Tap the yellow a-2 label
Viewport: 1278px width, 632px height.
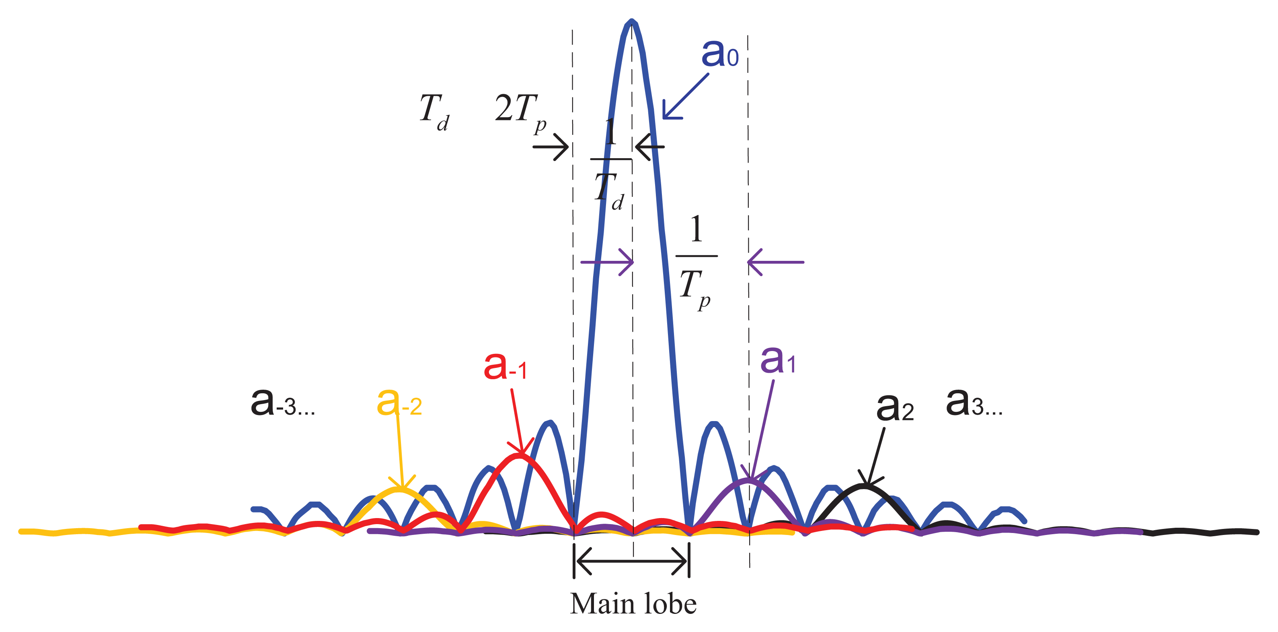(399, 402)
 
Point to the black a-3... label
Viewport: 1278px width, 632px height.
(282, 402)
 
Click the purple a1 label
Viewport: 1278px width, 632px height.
(777, 360)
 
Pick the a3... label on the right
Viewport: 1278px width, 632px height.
(974, 402)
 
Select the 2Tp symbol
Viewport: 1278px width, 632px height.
(520, 112)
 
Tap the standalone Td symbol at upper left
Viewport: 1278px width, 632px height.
(434, 112)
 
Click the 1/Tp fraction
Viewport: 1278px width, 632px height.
(696, 260)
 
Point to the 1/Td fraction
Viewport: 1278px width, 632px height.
(610, 164)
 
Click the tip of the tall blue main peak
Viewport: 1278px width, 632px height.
(631, 21)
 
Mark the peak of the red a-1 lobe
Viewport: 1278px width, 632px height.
(519, 455)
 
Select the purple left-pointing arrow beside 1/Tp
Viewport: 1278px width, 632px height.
(775, 262)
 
